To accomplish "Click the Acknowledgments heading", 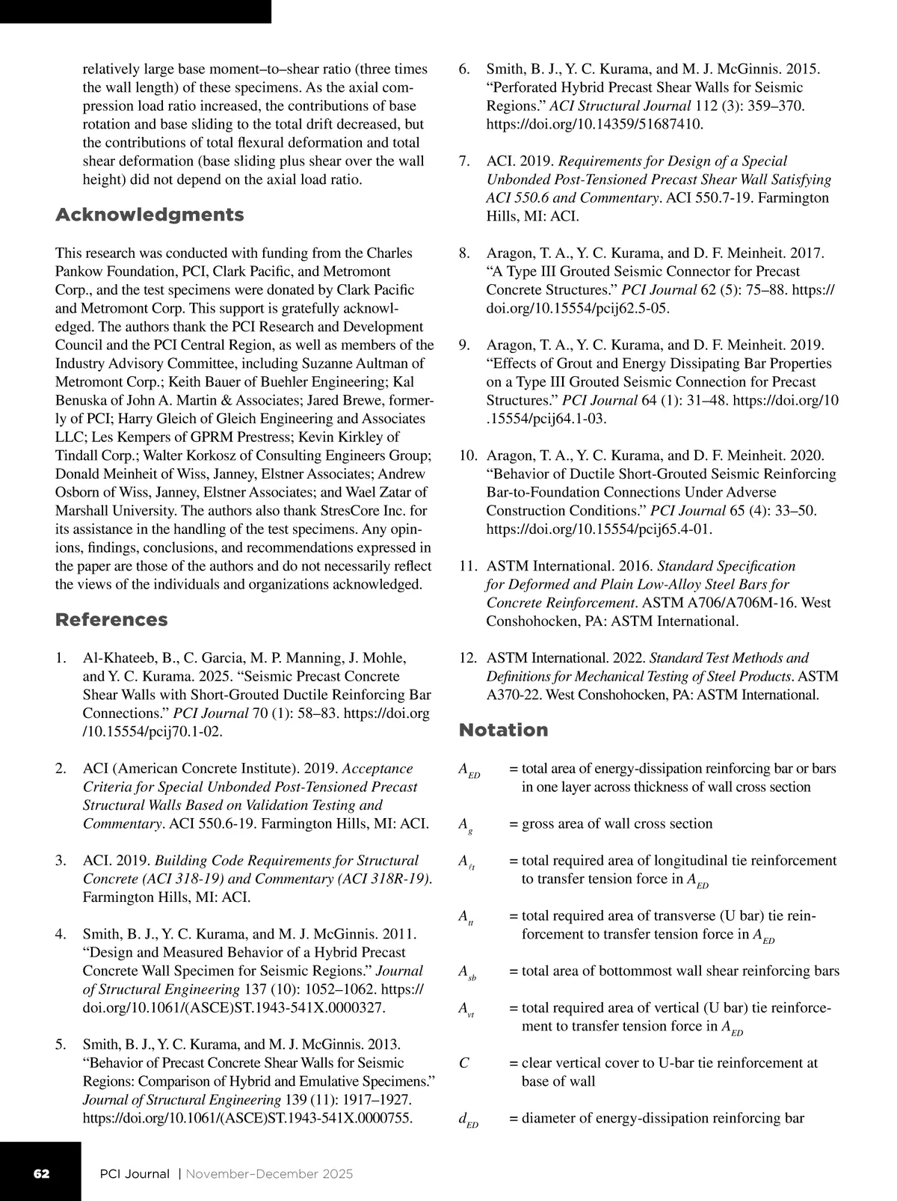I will (149, 215).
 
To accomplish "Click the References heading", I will (111, 620).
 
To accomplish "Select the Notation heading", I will (503, 730).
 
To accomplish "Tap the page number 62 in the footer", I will (41, 1173).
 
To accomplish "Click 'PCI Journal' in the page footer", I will (135, 1173).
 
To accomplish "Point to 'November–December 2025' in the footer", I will (269, 1173).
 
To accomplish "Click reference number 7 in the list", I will (463, 162).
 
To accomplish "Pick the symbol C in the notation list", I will (463, 1063).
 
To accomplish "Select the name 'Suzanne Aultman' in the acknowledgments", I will (371, 363).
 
